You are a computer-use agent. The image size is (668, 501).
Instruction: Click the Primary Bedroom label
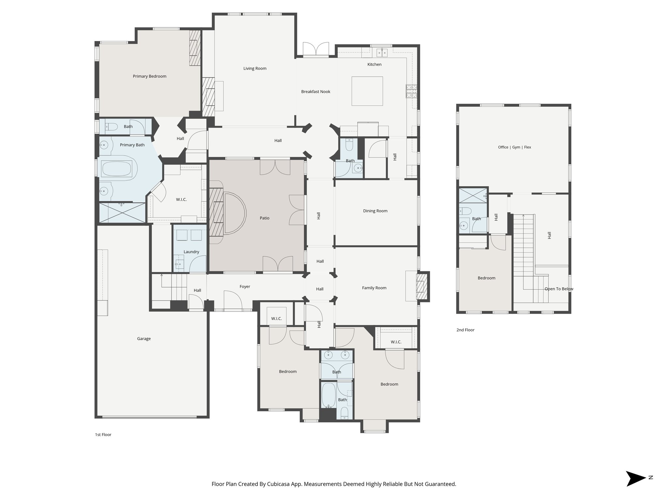point(149,76)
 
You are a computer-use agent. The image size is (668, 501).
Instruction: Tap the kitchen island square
point(367,91)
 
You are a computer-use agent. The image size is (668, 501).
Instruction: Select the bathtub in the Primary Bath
point(117,169)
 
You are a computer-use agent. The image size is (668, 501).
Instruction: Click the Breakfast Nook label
point(315,92)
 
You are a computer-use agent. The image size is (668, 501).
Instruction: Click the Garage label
point(144,339)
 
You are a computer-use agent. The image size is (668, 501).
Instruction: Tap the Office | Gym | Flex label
point(514,147)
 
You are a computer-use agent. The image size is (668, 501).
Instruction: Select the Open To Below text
point(559,289)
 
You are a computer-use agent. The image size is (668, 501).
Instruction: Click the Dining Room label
point(375,211)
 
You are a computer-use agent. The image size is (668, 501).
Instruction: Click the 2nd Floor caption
point(465,330)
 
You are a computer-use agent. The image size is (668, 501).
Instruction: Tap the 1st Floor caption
point(103,434)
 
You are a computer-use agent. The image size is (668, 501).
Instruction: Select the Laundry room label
point(191,252)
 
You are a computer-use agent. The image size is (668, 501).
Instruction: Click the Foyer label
point(245,286)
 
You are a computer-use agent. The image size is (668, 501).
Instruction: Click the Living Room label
point(255,68)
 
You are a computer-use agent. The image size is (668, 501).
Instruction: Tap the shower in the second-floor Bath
point(472,195)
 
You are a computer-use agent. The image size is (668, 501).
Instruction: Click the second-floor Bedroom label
point(486,278)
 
